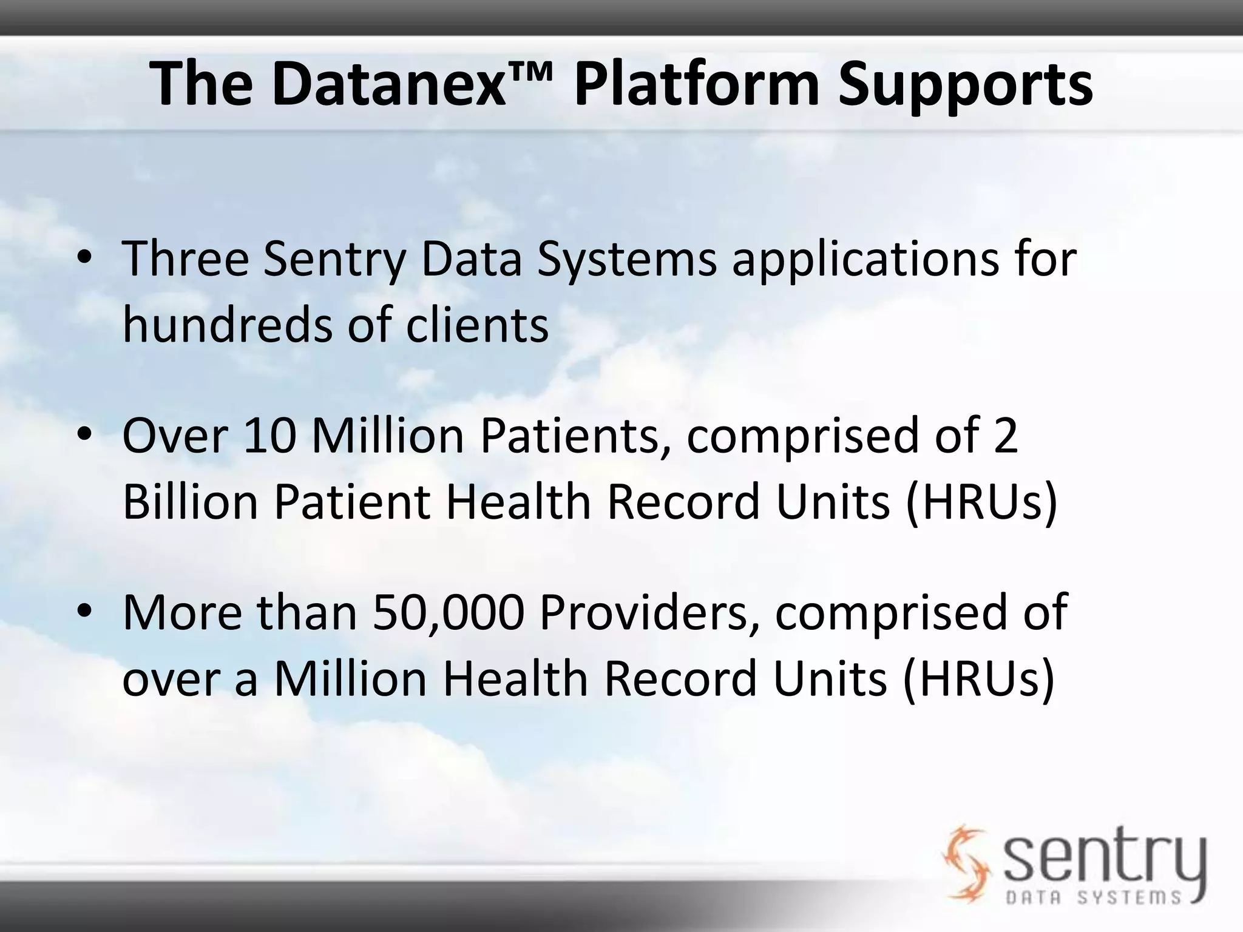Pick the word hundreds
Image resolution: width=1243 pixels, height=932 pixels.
[x=228, y=325]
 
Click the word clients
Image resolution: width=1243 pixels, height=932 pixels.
[x=476, y=325]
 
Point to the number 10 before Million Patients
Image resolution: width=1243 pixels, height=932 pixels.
[x=269, y=435]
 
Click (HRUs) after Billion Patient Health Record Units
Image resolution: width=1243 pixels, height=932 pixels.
[x=981, y=502]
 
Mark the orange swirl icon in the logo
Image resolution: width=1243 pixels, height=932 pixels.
[x=966, y=862]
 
